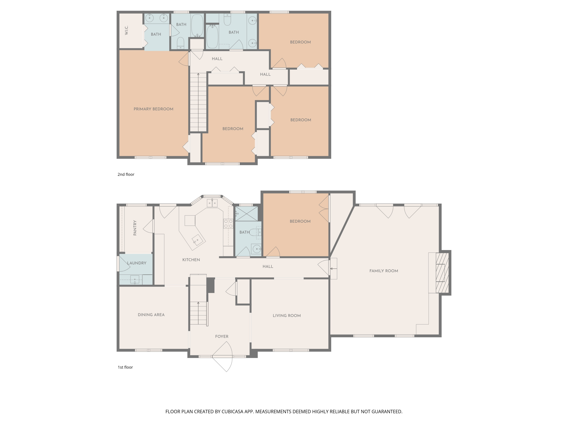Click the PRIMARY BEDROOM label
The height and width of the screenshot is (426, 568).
[x=153, y=109]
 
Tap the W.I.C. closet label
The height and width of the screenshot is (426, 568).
[x=126, y=30]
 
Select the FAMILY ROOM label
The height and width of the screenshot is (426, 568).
[x=384, y=271]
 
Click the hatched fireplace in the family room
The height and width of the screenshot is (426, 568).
[x=442, y=273]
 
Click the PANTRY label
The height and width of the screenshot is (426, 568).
[x=135, y=228]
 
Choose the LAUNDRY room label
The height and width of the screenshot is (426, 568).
[x=137, y=263]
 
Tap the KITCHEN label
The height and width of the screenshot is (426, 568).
[x=191, y=260]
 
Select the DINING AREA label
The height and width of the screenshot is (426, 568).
[x=151, y=314]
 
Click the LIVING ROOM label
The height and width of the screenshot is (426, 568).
[x=287, y=315]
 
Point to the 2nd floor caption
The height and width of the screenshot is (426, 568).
[x=126, y=174]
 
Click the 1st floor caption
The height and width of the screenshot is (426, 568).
[x=125, y=367]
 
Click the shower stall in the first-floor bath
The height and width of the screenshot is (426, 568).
[x=247, y=214]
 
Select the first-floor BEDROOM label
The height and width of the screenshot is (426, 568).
[x=300, y=221]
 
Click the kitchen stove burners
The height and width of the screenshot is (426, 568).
[x=228, y=223]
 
